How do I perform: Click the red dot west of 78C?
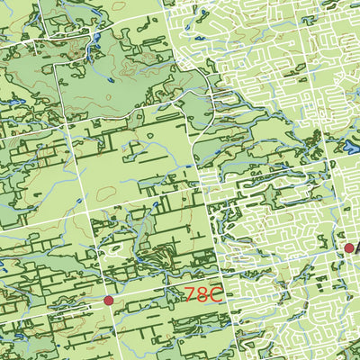click(108, 301)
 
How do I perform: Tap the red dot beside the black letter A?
click(349, 247)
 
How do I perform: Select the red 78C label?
click(203, 294)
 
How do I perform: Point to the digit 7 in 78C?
click(191, 294)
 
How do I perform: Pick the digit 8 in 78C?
click(203, 294)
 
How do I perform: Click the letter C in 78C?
click(216, 294)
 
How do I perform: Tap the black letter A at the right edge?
click(357, 247)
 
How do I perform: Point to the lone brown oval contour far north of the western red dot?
click(105, 192)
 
